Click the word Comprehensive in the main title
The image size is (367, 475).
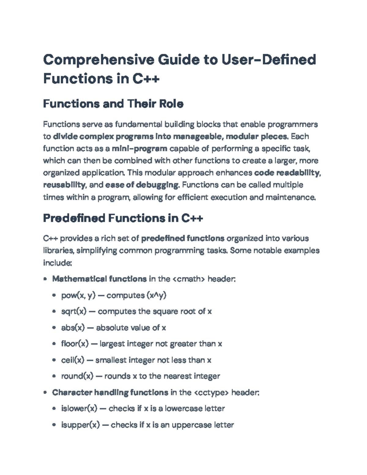pyautogui.click(x=98, y=60)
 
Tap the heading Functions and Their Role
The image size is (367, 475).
pyautogui.click(x=113, y=104)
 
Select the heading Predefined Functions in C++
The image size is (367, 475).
pyautogui.click(x=123, y=218)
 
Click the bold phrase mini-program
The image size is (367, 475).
pyautogui.click(x=139, y=149)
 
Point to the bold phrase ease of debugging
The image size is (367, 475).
pyautogui.click(x=142, y=185)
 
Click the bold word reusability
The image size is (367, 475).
pyautogui.click(x=64, y=185)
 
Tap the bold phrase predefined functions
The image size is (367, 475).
pyautogui.click(x=183, y=238)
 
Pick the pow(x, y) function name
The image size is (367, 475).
pyautogui.click(x=79, y=295)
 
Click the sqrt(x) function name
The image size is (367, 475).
pyautogui.click(x=74, y=311)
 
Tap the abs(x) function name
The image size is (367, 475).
pyautogui.click(x=73, y=328)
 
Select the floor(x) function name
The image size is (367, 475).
pyautogui.click(x=75, y=344)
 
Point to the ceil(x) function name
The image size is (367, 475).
pyautogui.click(x=73, y=360)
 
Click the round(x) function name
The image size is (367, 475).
pyautogui.click(x=77, y=376)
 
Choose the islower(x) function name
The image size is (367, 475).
pyautogui.click(x=79, y=409)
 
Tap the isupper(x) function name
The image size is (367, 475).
pyautogui.click(x=81, y=425)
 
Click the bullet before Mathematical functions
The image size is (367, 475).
pyautogui.click(x=45, y=279)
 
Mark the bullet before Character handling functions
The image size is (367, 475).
pyautogui.click(x=45, y=393)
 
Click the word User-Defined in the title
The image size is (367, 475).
pyautogui.click(x=269, y=60)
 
